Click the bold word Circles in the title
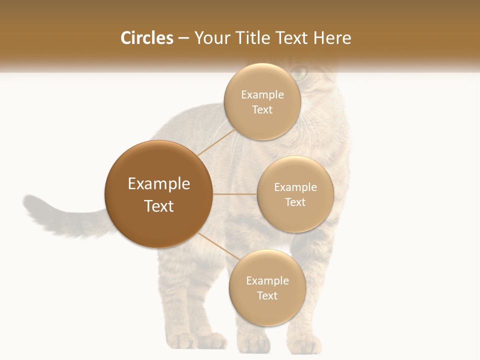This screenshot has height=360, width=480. pyautogui.click(x=147, y=38)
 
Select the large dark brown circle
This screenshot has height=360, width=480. pyautogui.click(x=158, y=194)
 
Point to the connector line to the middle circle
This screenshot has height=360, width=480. pyautogui.click(x=235, y=194)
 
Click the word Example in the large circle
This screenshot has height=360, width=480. pyautogui.click(x=159, y=184)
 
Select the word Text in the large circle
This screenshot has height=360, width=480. pyautogui.click(x=159, y=206)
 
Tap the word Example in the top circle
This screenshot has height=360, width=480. pyautogui.click(x=262, y=95)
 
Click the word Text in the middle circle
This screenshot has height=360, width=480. pyautogui.click(x=295, y=202)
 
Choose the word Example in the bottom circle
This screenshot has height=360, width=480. pyautogui.click(x=267, y=281)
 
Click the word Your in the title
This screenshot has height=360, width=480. pyautogui.click(x=210, y=38)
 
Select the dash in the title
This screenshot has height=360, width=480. pyautogui.click(x=183, y=38)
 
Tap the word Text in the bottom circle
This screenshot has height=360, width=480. pyautogui.click(x=267, y=295)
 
